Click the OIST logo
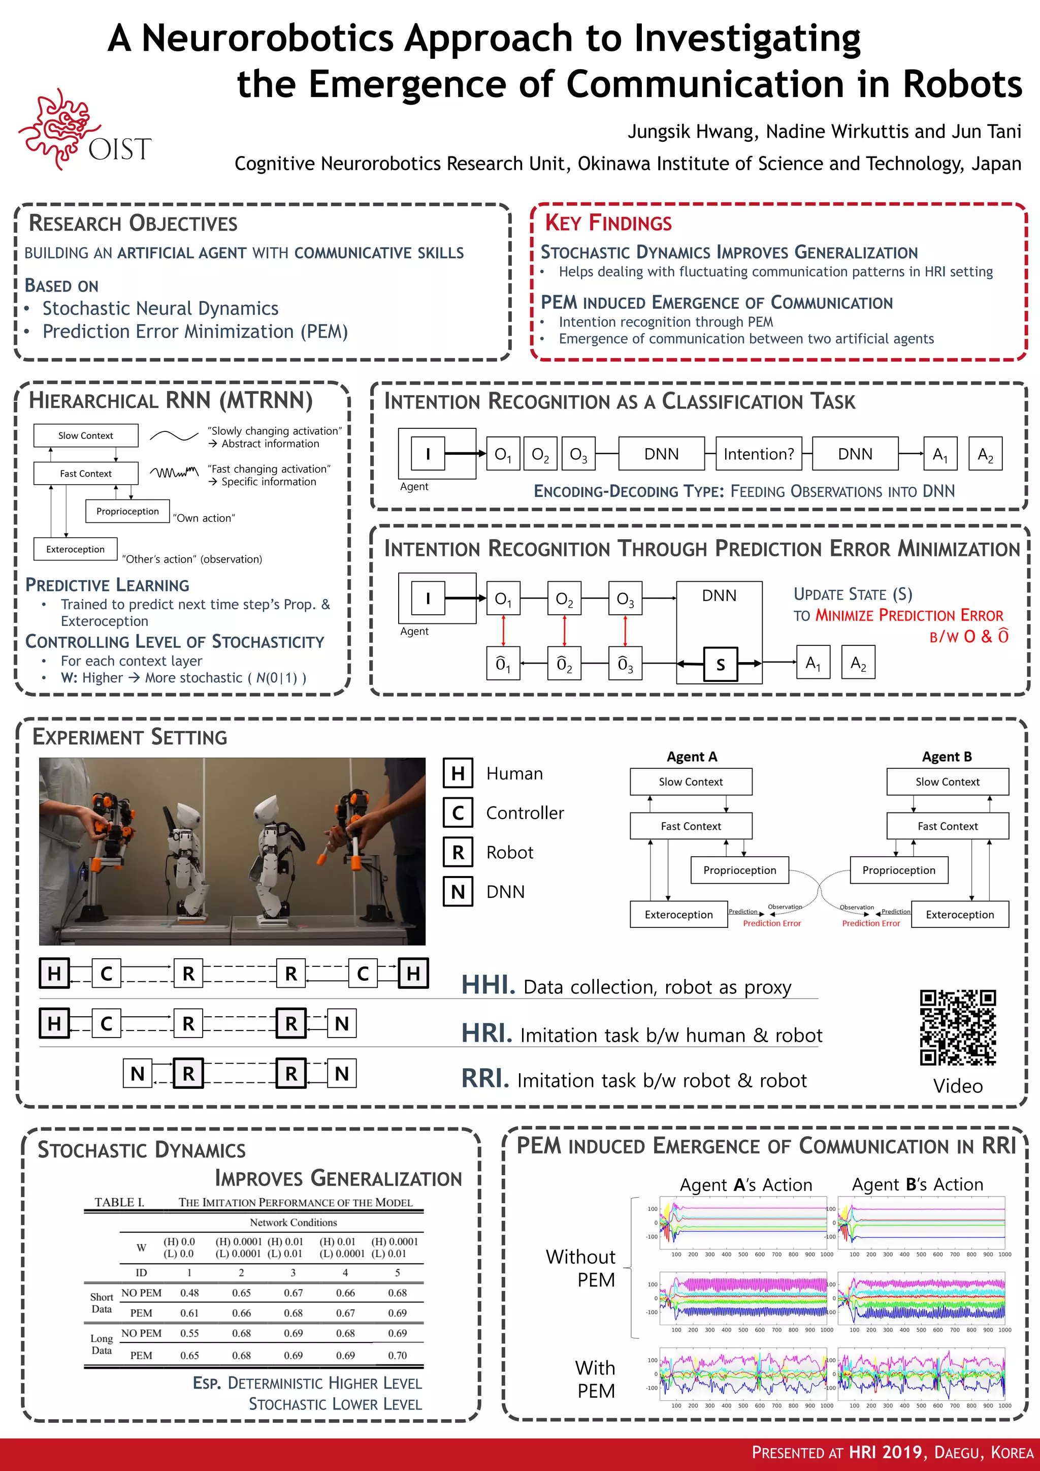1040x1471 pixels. click(83, 131)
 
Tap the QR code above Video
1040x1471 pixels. click(957, 1027)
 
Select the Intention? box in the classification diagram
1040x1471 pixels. click(758, 454)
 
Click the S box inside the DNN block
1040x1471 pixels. click(721, 665)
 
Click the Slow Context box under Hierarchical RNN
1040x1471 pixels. click(85, 435)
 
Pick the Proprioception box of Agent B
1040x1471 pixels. click(898, 870)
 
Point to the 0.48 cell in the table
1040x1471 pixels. click(189, 1293)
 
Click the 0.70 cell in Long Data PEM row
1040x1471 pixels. click(397, 1356)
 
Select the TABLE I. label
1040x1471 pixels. click(119, 1203)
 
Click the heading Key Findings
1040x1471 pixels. click(608, 223)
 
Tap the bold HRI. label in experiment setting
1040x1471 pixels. click(486, 1034)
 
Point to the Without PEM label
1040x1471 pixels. click(581, 1268)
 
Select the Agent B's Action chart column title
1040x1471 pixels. click(917, 1184)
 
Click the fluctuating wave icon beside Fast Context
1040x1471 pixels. click(174, 473)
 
